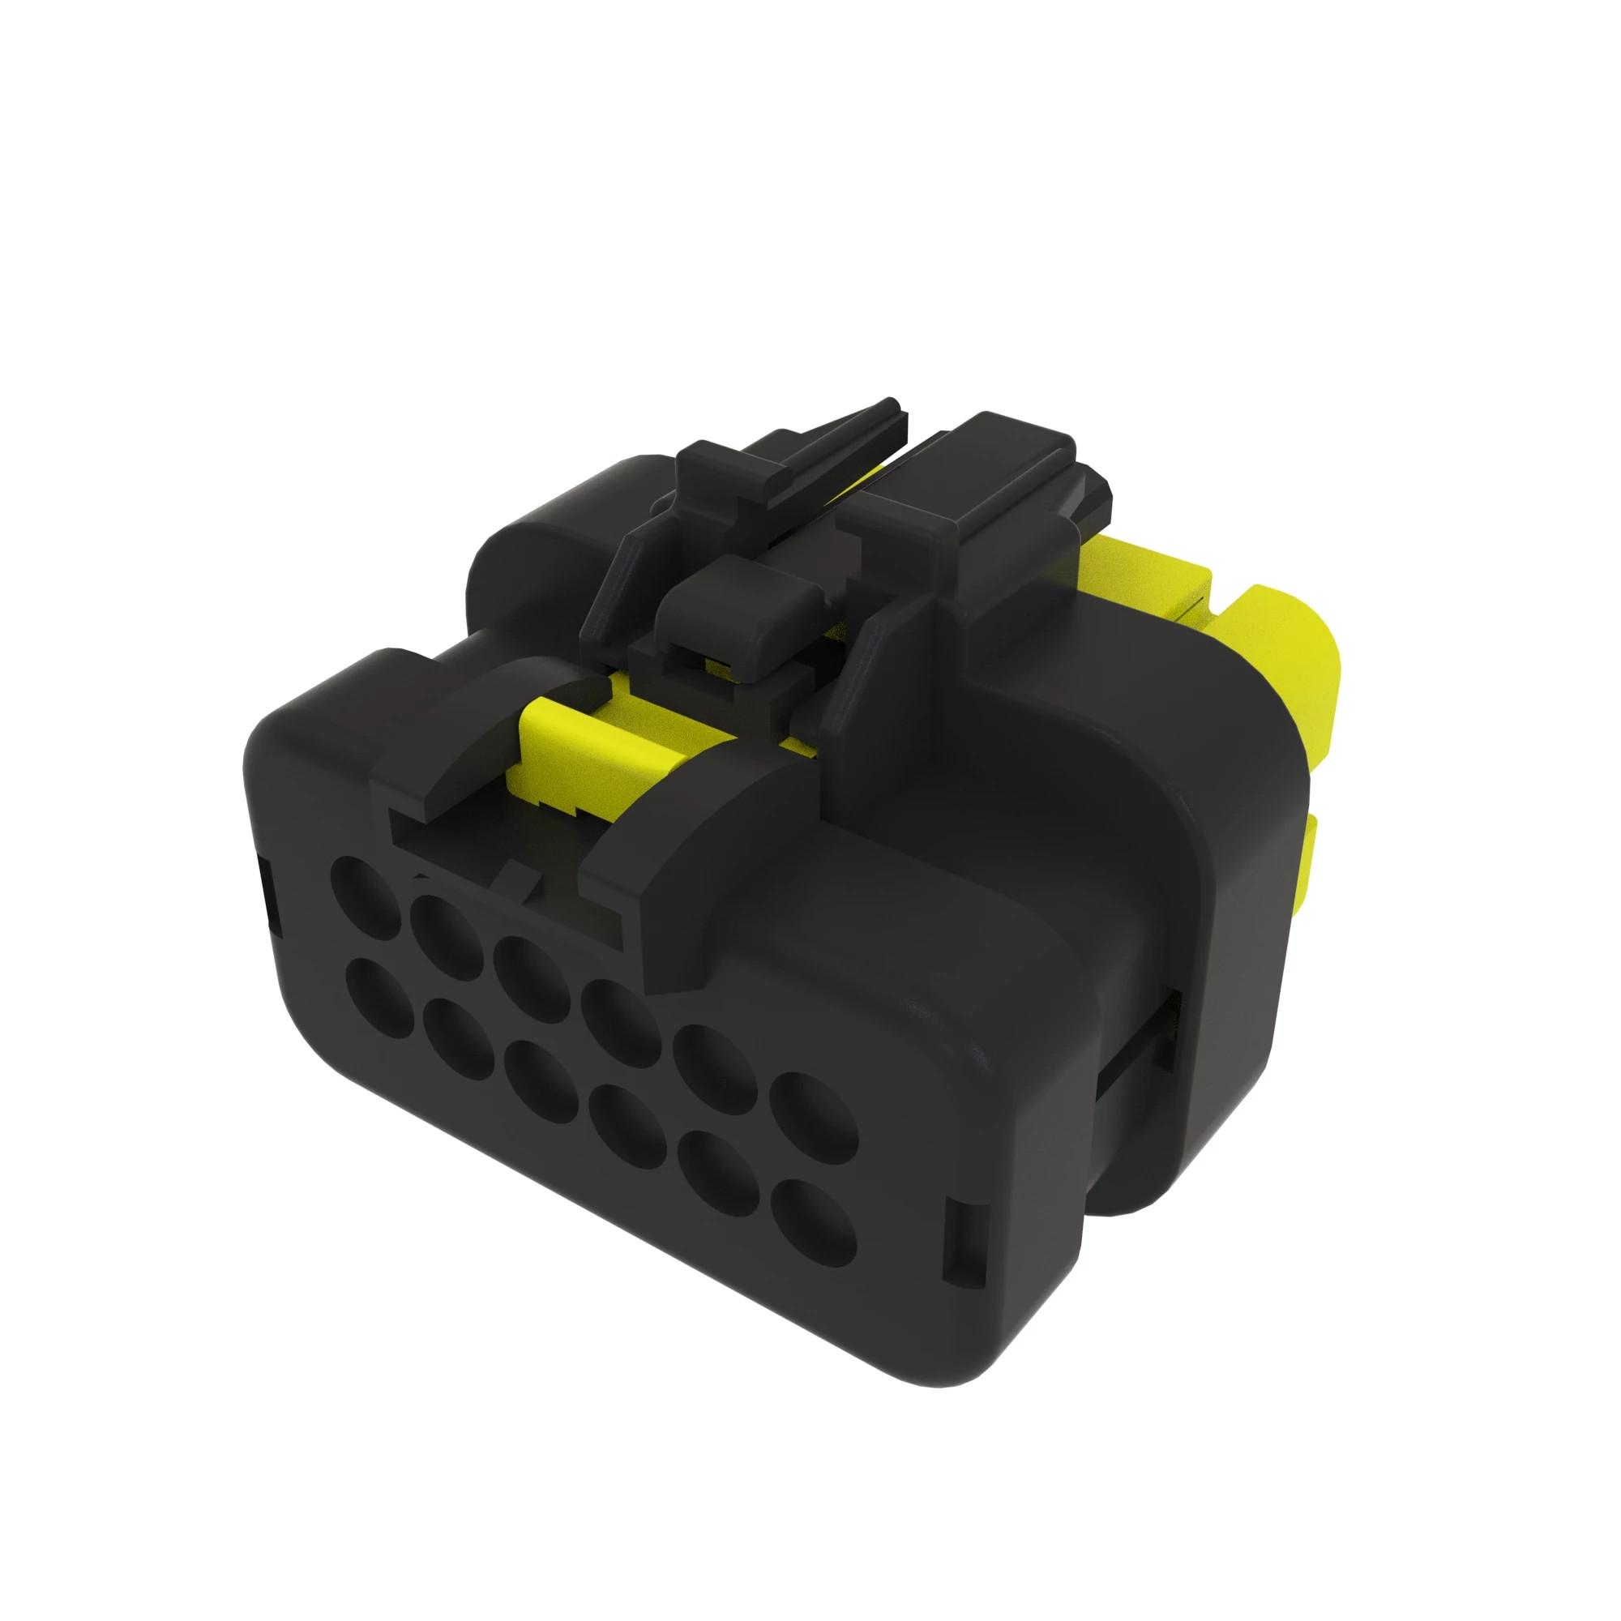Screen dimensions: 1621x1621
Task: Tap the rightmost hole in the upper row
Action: tap(813, 1118)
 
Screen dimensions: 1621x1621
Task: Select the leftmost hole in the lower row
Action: tap(380, 999)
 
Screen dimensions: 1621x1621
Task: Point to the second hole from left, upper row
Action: tap(447, 936)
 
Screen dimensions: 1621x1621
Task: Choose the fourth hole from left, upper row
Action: tap(619, 1023)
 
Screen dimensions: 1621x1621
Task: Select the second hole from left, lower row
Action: tap(458, 1039)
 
